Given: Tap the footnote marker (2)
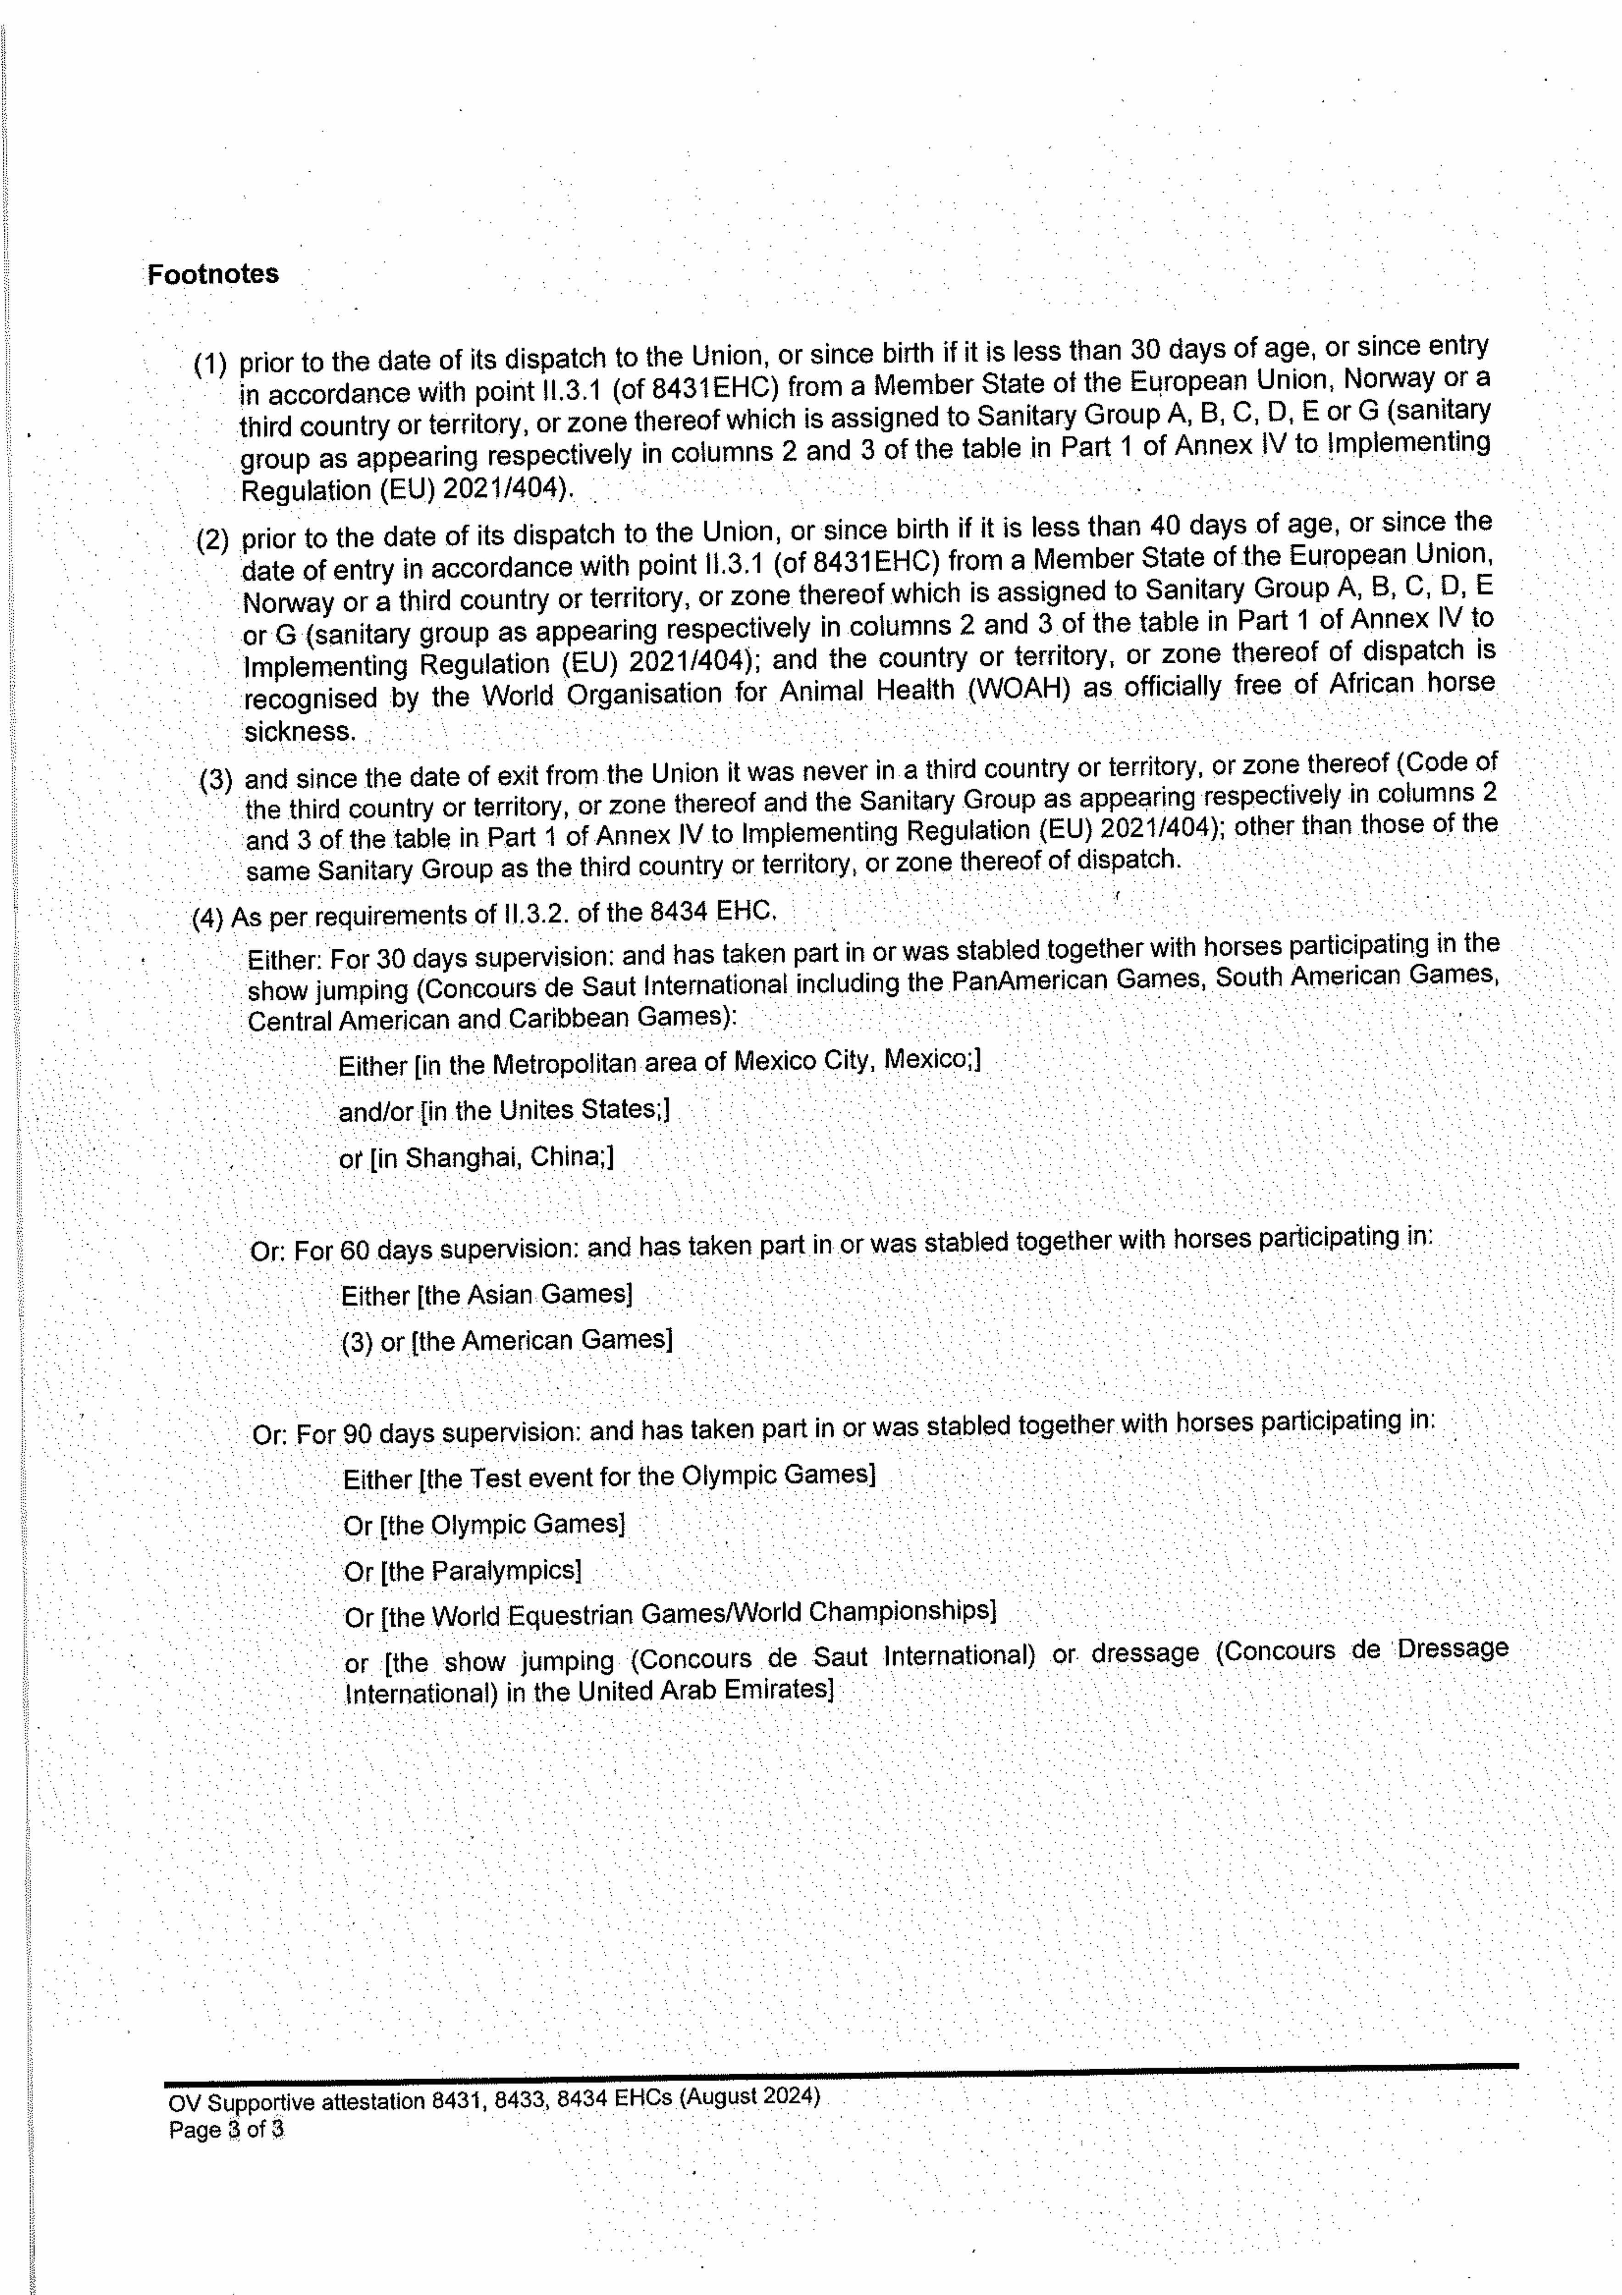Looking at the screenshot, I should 213,541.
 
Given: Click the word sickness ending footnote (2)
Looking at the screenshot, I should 300,732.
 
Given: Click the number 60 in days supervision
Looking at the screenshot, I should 353,1250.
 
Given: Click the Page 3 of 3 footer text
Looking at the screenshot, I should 226,2129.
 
